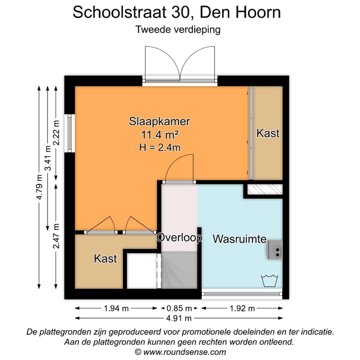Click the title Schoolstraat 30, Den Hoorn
point(177,12)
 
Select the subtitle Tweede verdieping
point(178,29)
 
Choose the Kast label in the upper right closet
point(267,133)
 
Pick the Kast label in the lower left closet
point(105,258)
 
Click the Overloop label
point(179,238)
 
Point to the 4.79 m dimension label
point(39,187)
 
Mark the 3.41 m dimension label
point(48,157)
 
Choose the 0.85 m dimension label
point(180,308)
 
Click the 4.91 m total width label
point(180,318)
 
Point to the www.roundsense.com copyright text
point(180,352)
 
